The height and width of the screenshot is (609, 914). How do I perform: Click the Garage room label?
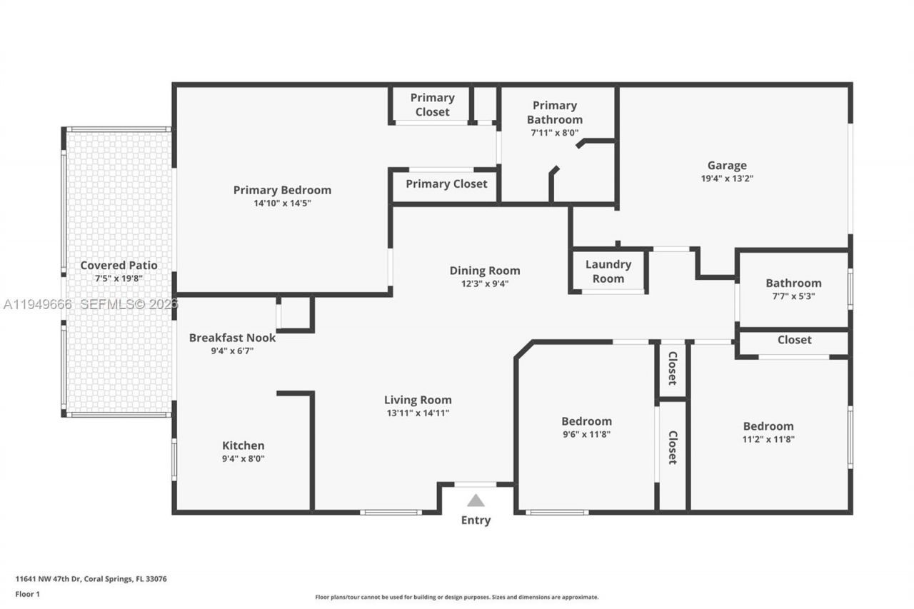pyautogui.click(x=727, y=166)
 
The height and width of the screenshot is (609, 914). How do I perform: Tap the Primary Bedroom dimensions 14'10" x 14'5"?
pyautogui.click(x=282, y=203)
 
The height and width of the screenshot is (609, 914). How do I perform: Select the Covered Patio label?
pyautogui.click(x=119, y=266)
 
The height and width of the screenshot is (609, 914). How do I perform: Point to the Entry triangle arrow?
pyautogui.click(x=476, y=500)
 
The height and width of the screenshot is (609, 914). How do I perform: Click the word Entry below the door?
pyautogui.click(x=476, y=520)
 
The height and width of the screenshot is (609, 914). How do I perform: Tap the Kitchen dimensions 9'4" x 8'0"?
pyautogui.click(x=243, y=459)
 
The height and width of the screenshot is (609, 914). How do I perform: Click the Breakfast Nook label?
pyautogui.click(x=232, y=338)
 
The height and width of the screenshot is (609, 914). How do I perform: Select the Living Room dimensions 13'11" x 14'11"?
pyautogui.click(x=418, y=413)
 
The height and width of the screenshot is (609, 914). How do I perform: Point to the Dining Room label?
pyautogui.click(x=485, y=271)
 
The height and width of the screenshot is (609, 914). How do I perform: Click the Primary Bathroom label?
pyautogui.click(x=555, y=113)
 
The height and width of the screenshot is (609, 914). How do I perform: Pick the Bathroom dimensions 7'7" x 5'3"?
pyautogui.click(x=793, y=296)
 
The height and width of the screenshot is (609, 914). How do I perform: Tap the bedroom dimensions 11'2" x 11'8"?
pyautogui.click(x=768, y=439)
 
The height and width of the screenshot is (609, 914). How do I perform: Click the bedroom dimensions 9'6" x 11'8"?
pyautogui.click(x=586, y=434)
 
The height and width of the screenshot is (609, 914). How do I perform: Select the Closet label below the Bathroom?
pyautogui.click(x=794, y=340)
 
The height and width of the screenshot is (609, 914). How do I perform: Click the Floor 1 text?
pyautogui.click(x=29, y=593)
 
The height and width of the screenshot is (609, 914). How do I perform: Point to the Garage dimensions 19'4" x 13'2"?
pyautogui.click(x=727, y=178)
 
